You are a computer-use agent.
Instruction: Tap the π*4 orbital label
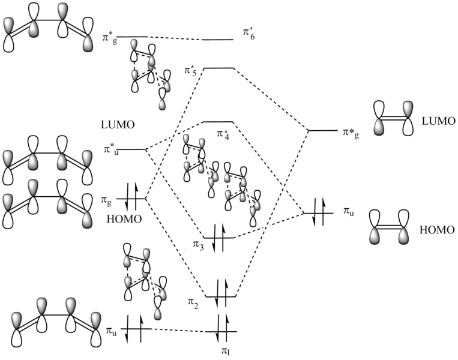[223, 133]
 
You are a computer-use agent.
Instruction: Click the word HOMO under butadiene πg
[125, 219]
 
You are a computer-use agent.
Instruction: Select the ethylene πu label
[349, 211]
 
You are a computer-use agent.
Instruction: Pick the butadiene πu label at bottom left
[111, 330]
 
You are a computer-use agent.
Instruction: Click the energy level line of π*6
[217, 40]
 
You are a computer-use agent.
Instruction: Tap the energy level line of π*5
[218, 68]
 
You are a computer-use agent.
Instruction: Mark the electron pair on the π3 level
[218, 238]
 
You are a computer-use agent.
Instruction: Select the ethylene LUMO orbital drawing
[394, 118]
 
